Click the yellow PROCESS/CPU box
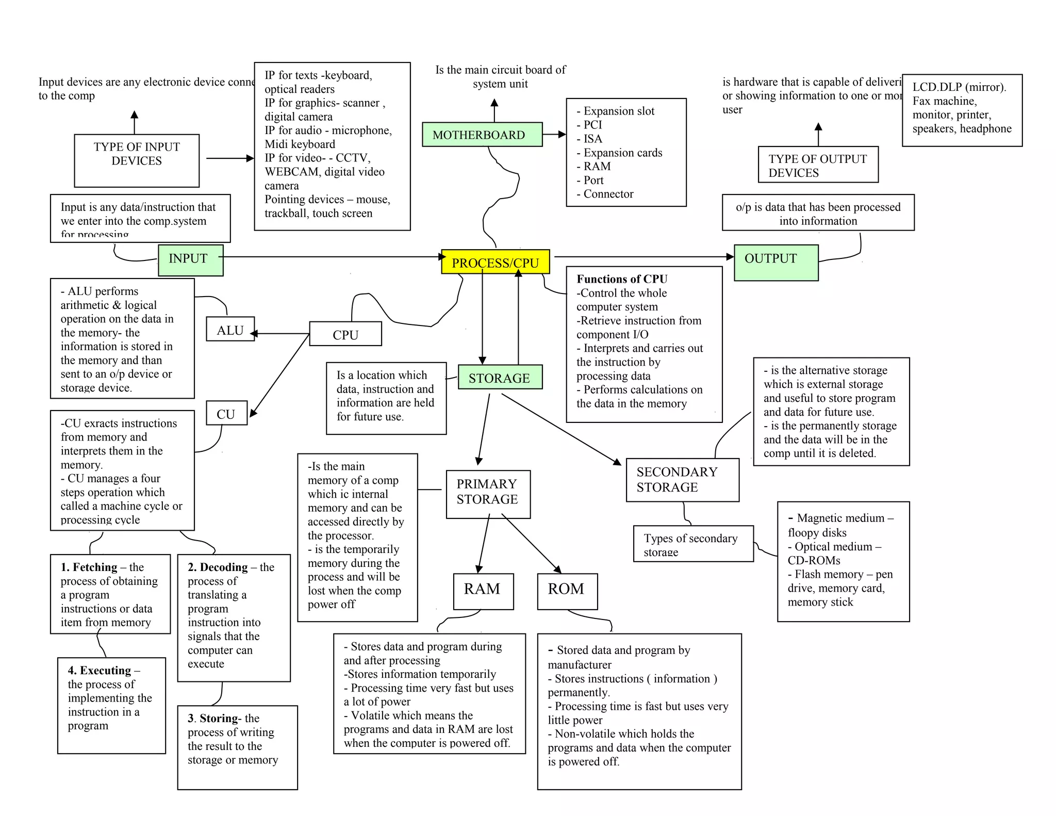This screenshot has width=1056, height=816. pyautogui.click(x=495, y=262)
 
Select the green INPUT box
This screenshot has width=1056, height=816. pyautogui.click(x=190, y=259)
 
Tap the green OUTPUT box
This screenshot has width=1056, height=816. pyautogui.click(x=775, y=262)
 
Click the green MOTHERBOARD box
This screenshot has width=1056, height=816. pyautogui.click(x=482, y=135)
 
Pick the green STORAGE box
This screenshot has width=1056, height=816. pyautogui.click(x=500, y=378)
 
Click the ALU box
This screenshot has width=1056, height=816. pyautogui.click(x=230, y=329)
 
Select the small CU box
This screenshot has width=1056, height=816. pyautogui.click(x=226, y=413)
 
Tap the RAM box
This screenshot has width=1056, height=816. pyautogui.click(x=483, y=591)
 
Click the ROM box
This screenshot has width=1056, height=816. pyautogui.click(x=567, y=591)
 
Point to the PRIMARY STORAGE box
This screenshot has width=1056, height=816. pyautogui.click(x=488, y=494)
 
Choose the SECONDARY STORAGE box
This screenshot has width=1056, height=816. pyautogui.click(x=682, y=480)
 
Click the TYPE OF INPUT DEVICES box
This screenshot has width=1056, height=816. pyautogui.click(x=137, y=160)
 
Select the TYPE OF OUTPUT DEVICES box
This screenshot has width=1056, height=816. pyautogui.click(x=817, y=165)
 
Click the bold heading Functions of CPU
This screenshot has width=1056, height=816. pyautogui.click(x=622, y=279)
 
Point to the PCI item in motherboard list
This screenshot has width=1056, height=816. pyautogui.click(x=592, y=125)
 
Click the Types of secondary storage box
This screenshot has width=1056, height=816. pyautogui.click(x=692, y=544)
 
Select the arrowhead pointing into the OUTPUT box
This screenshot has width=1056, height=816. pyautogui.click(x=730, y=256)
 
